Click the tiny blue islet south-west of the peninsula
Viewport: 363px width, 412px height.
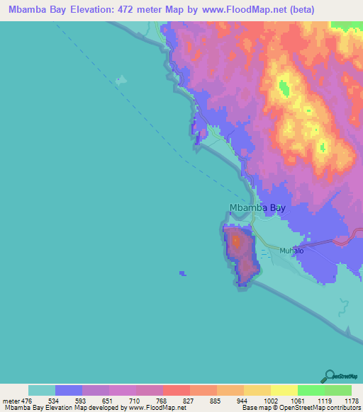pyautogui.click(x=182, y=273)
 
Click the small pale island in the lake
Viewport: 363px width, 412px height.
pyautogui.click(x=121, y=80)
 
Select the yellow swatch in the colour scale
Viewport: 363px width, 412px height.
pyautogui.click(x=284, y=390)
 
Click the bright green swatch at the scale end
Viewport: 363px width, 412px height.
pyautogui.click(x=338, y=390)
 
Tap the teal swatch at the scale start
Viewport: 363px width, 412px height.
pyautogui.click(x=42, y=390)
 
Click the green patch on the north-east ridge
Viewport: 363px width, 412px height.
pyautogui.click(x=285, y=88)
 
